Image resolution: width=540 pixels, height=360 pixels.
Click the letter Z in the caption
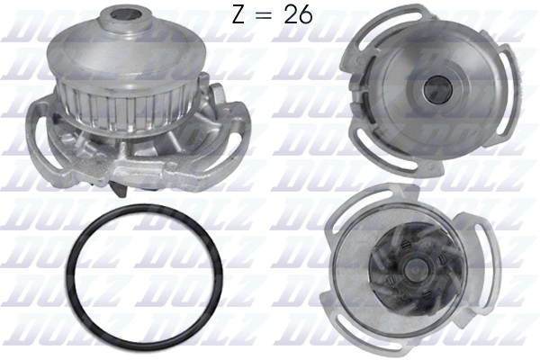tap(238, 15)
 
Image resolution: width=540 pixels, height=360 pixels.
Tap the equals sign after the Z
tap(265, 16)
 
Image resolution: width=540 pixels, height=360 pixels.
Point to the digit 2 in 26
tap(291, 15)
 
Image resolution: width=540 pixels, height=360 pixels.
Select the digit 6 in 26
tap(306, 15)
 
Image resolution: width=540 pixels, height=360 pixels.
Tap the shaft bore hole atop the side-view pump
tap(127, 14)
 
